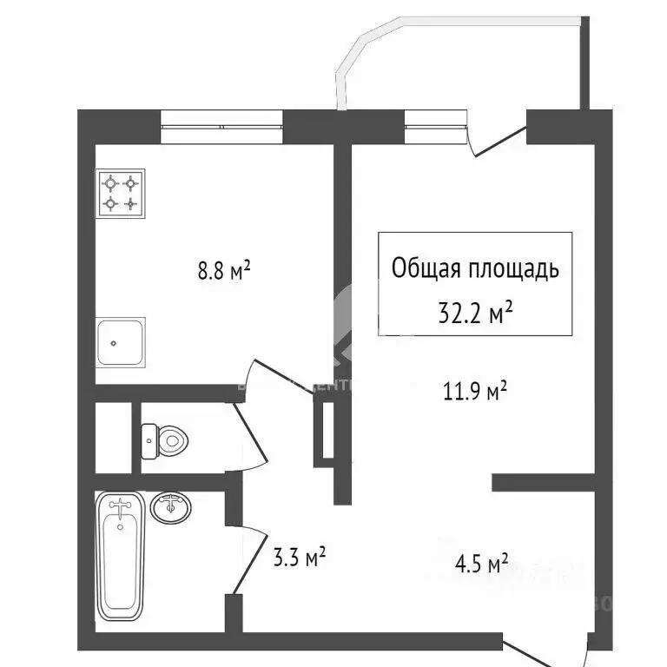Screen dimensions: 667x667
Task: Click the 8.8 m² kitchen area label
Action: pyautogui.click(x=224, y=272)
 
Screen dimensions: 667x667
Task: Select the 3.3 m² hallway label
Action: pyautogui.click(x=297, y=555)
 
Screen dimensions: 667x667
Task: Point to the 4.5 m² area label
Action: pyautogui.click(x=479, y=565)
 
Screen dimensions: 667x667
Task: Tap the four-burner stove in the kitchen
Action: pyautogui.click(x=121, y=193)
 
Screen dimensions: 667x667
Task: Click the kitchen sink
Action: pyautogui.click(x=120, y=342)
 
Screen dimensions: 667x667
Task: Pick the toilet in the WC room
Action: pyautogui.click(x=164, y=440)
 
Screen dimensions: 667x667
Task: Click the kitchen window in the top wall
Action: pyautogui.click(x=222, y=127)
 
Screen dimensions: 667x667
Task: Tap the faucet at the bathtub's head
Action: pyautogui.click(x=120, y=505)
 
